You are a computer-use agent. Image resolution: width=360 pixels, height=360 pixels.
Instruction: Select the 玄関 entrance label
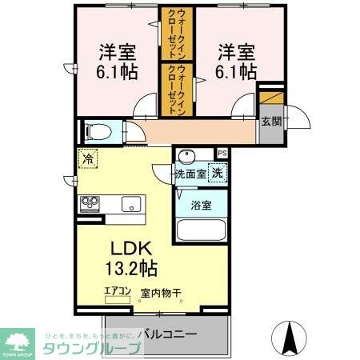270,122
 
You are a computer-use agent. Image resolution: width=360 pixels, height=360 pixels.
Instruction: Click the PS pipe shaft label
222,152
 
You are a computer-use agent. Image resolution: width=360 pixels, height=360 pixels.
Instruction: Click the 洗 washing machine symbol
218,171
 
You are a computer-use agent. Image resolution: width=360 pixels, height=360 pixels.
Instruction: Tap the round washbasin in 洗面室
188,156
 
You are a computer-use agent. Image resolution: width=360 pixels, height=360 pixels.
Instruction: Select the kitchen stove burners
88,203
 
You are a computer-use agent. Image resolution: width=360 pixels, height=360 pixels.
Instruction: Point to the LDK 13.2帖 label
128,256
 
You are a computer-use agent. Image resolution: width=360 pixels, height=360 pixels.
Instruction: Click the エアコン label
117,292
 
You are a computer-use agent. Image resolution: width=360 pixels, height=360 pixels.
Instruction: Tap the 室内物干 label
159,292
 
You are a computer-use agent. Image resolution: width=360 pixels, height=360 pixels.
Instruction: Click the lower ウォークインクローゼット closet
172,90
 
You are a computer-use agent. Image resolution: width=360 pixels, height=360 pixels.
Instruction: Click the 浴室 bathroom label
201,206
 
